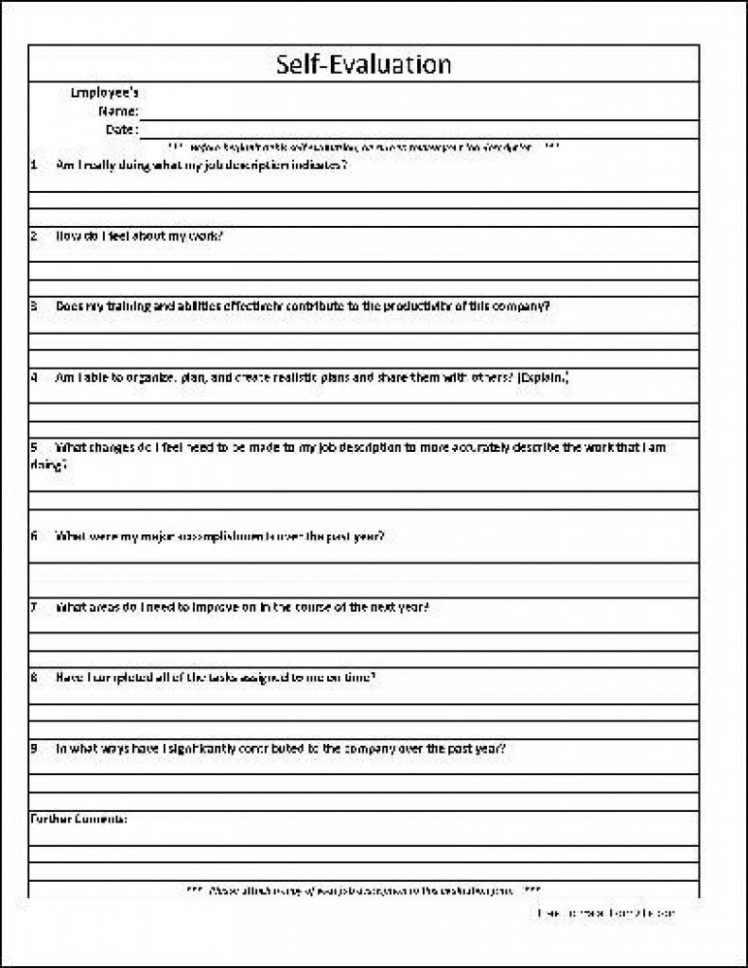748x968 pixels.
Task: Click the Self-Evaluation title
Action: pyautogui.click(x=364, y=64)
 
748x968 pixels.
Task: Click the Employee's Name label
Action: pyautogui.click(x=106, y=102)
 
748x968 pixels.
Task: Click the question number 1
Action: pyautogui.click(x=34, y=164)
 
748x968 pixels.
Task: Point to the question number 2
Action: pyautogui.click(x=34, y=234)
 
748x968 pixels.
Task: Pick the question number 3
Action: pyautogui.click(x=34, y=306)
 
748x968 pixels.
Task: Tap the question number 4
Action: pyautogui.click(x=34, y=377)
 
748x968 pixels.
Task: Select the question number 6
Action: pyautogui.click(x=34, y=536)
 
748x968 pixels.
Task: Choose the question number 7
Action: pyautogui.click(x=34, y=606)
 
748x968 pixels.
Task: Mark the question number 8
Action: pyautogui.click(x=34, y=677)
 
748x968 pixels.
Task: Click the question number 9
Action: pyautogui.click(x=34, y=748)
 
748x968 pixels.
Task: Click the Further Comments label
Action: pyautogui.click(x=79, y=818)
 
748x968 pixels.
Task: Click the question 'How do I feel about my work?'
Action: pyautogui.click(x=140, y=234)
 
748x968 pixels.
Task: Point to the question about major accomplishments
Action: pyautogui.click(x=219, y=536)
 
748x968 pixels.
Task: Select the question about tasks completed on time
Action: pyautogui.click(x=217, y=677)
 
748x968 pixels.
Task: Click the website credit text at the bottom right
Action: pyautogui.click(x=605, y=914)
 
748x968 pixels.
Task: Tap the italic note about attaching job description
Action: pyautogui.click(x=363, y=890)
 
